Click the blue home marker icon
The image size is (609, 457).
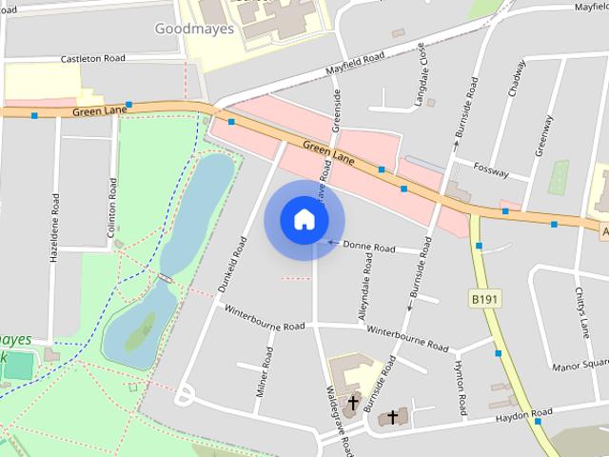coord(304,220)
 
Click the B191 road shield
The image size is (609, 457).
coord(485,299)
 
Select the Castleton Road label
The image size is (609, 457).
coord(93,58)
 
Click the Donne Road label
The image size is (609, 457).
coord(368,248)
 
